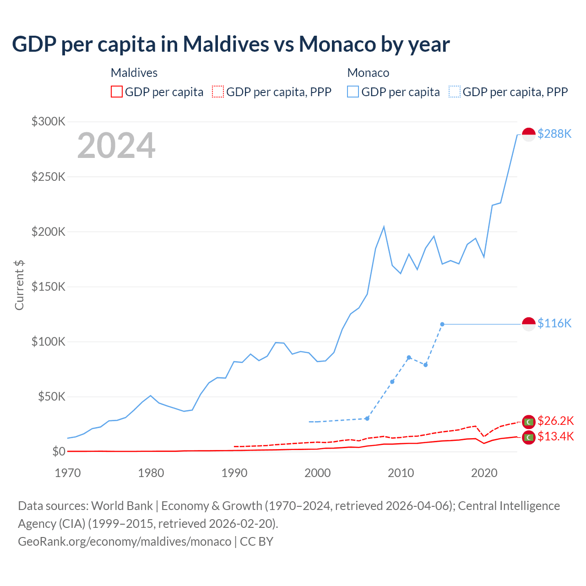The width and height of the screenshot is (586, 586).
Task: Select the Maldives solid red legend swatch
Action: (117, 92)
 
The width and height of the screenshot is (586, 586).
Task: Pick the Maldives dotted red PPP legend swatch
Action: (218, 92)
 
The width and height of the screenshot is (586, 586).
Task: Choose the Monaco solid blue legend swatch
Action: (353, 92)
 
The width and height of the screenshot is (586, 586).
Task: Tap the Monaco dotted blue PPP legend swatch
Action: (455, 92)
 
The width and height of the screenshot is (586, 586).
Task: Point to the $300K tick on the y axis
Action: (49, 121)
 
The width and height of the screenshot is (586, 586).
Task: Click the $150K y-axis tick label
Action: (49, 287)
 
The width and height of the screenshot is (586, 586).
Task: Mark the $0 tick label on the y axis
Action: (59, 451)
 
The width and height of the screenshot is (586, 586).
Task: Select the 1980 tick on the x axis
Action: (151, 473)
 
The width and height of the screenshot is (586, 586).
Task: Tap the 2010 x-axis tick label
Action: (401, 473)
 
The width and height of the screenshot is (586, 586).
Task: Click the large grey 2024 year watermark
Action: (116, 146)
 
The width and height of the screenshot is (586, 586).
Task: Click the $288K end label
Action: (554, 134)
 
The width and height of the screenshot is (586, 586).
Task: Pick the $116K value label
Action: (554, 323)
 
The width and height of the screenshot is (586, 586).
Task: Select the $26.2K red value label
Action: (555, 421)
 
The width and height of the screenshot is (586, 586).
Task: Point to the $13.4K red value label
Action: (555, 436)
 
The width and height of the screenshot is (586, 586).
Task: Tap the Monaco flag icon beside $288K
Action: (529, 135)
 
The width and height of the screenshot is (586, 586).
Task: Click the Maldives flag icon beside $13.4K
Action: (529, 438)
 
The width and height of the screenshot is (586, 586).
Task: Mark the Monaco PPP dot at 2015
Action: (442, 324)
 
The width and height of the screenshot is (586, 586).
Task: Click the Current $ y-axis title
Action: (19, 285)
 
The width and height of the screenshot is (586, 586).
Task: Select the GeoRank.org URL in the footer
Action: (125, 541)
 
